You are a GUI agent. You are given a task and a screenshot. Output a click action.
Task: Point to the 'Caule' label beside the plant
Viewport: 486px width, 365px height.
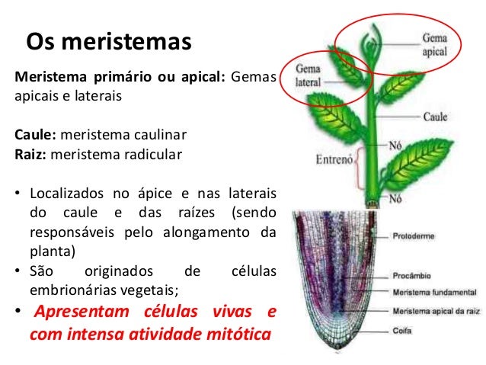point(436,117)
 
